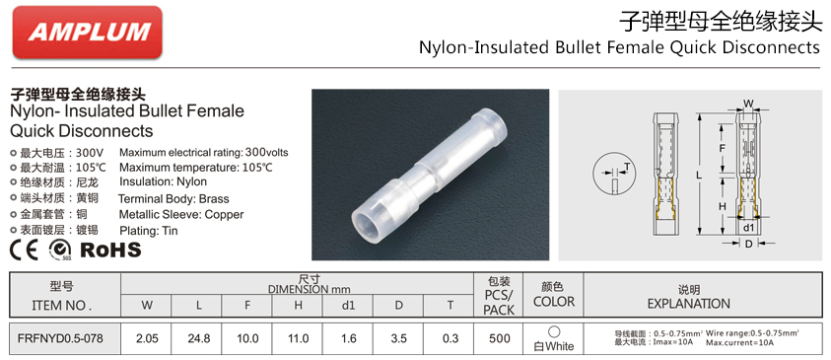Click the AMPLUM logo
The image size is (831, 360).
coord(88,32)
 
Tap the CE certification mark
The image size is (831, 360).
coord(25,251)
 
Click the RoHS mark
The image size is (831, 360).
coord(110,250)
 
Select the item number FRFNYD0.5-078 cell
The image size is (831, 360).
coord(60,337)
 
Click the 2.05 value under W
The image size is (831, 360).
coord(147,338)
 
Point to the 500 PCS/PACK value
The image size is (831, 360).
coord(499,338)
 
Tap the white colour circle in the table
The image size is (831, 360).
coord(554,332)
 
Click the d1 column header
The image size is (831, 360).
coord(348,306)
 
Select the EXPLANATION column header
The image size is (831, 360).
coord(688,303)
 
